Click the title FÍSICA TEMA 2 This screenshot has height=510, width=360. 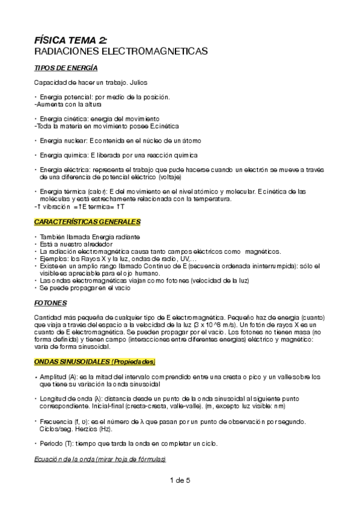pyautogui.click(x=71, y=40)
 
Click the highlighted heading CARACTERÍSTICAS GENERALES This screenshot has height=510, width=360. pyautogui.click(x=87, y=222)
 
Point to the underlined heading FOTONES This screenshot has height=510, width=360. pyautogui.click(x=51, y=303)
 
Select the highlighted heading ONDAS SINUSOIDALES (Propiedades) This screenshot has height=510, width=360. pyautogui.click(x=95, y=361)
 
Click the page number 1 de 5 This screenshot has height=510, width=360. pyautogui.click(x=180, y=480)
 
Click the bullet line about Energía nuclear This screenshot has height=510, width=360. pyautogui.click(x=120, y=140)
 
